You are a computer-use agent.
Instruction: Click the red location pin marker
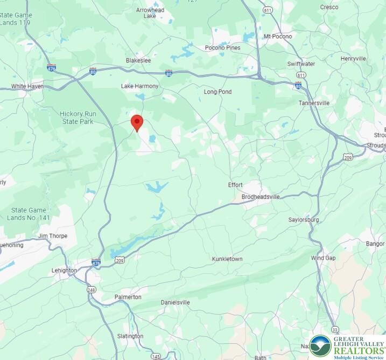[x=137, y=122]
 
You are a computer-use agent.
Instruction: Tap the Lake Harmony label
[x=140, y=86]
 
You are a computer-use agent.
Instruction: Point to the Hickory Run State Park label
[x=76, y=117]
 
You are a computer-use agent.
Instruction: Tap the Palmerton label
[x=128, y=297]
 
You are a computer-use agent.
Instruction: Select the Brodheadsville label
[x=261, y=197]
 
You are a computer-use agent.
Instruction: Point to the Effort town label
[x=235, y=185]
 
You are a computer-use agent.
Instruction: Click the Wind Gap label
[x=323, y=258]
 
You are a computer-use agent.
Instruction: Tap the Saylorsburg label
[x=304, y=220]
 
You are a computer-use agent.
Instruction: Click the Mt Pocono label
[x=278, y=37]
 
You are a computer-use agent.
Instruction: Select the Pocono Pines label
[x=223, y=47]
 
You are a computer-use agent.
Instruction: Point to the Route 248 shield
[x=92, y=289]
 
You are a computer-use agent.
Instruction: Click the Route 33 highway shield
[x=335, y=329]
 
